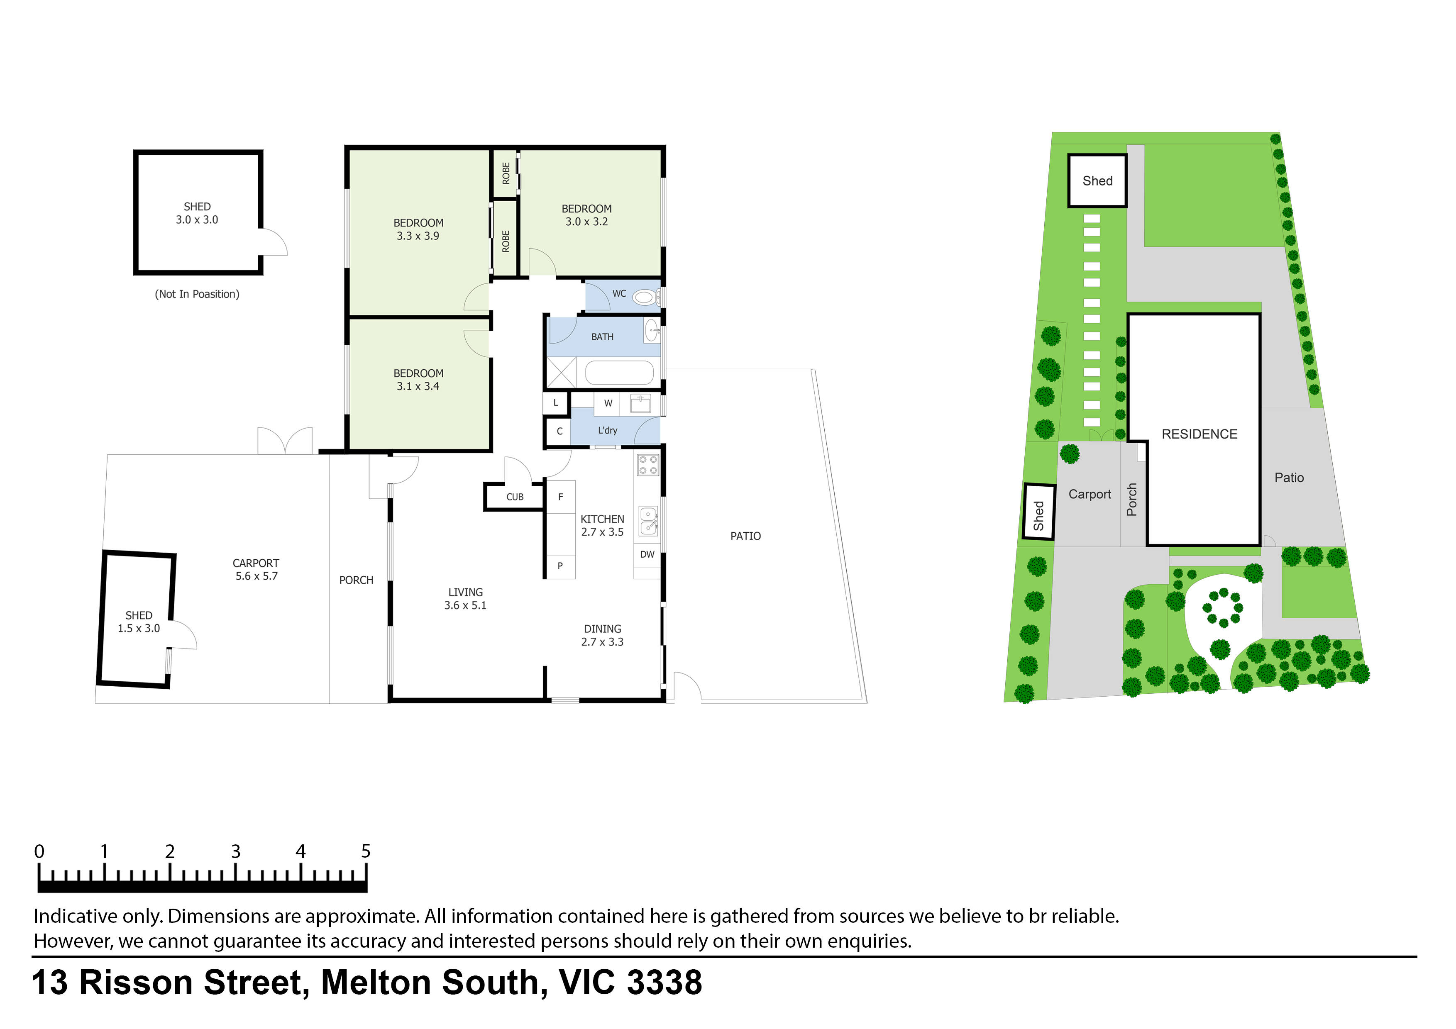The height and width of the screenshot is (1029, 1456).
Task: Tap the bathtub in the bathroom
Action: (619, 373)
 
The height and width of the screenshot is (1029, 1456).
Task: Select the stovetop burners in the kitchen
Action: (647, 465)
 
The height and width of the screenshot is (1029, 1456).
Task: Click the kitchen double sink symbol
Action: (647, 521)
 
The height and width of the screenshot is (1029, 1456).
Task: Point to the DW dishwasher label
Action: (647, 554)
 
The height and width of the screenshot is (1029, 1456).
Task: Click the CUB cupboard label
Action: (514, 497)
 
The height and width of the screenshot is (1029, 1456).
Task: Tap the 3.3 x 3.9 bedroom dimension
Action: (418, 236)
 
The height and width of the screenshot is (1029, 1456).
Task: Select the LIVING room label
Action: (465, 592)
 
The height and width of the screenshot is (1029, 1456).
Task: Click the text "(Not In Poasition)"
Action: (197, 294)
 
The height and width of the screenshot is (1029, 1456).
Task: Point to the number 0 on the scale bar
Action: (39, 851)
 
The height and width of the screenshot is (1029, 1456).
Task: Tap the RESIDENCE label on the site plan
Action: (1199, 434)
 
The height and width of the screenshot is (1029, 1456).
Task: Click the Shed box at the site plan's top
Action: (1097, 180)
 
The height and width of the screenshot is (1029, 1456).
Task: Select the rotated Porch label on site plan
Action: (1132, 500)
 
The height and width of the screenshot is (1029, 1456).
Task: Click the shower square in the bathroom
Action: (561, 373)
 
